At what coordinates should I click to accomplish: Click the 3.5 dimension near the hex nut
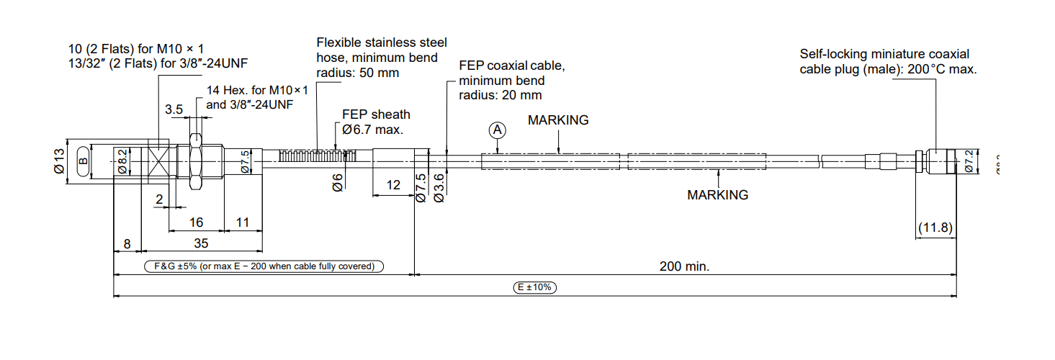tap(174, 109)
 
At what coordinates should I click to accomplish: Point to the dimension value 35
tap(201, 244)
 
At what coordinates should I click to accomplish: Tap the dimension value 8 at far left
tap(127, 244)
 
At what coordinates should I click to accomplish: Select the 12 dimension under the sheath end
tap(393, 185)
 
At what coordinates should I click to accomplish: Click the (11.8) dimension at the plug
tap(935, 228)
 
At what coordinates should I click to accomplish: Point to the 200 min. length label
tap(685, 266)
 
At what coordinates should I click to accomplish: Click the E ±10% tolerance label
tap(536, 287)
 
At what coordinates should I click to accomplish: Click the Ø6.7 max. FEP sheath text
tap(373, 130)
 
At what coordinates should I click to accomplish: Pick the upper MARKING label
tap(558, 120)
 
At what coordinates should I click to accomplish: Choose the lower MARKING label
tap(717, 195)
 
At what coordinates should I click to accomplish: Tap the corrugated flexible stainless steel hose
tap(318, 155)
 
